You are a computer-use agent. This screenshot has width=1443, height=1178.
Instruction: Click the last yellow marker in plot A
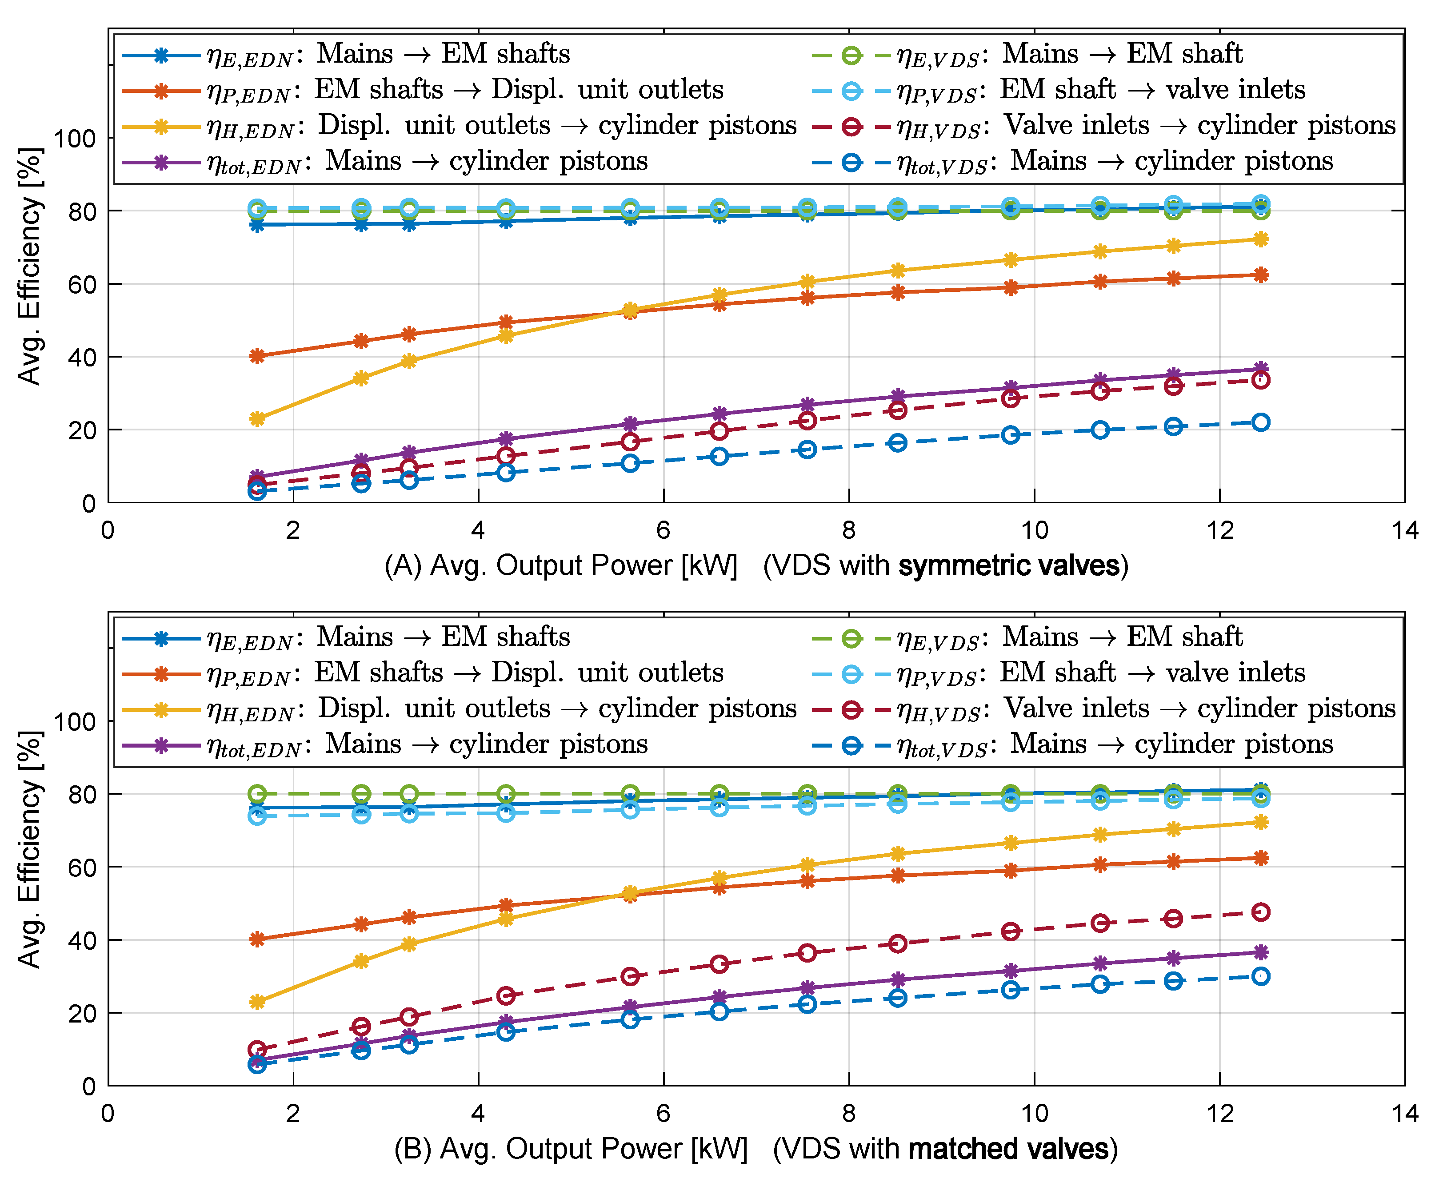(x=1260, y=239)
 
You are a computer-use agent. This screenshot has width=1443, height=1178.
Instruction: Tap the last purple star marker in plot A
(x=1260, y=369)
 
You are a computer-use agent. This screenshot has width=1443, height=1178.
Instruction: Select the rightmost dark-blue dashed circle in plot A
(x=1260, y=422)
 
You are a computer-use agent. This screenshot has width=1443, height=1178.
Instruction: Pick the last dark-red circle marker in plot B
(x=1260, y=912)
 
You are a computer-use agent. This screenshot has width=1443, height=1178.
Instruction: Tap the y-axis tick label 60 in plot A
(x=81, y=284)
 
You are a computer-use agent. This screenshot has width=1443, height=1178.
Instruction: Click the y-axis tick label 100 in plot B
(x=75, y=721)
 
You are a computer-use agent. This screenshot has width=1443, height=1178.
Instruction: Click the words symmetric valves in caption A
(x=1009, y=566)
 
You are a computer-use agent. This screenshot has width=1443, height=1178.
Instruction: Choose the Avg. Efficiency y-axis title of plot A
(x=30, y=266)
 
